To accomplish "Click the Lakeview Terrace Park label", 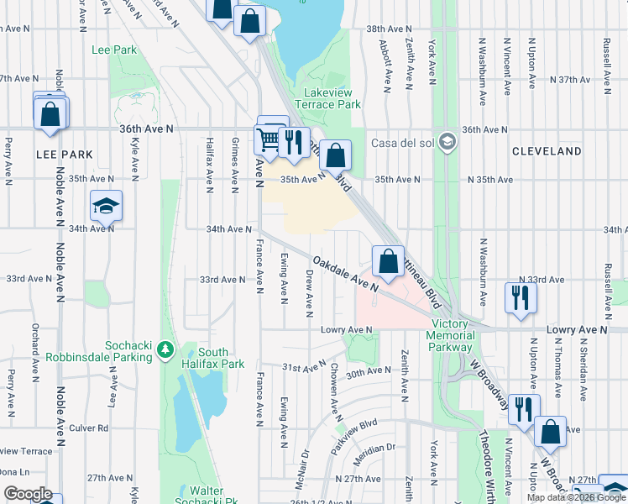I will pos(332,97).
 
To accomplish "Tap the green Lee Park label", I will pos(114,50).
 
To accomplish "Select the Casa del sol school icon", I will pos(447,139).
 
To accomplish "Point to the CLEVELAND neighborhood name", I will pos(547,151).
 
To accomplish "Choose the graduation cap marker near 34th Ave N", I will pos(107,207).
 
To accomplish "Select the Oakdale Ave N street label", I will pos(344,274).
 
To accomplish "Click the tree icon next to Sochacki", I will pos(166,349).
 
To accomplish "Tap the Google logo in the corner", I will pos(28,494).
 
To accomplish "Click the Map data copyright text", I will pos(576,497).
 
